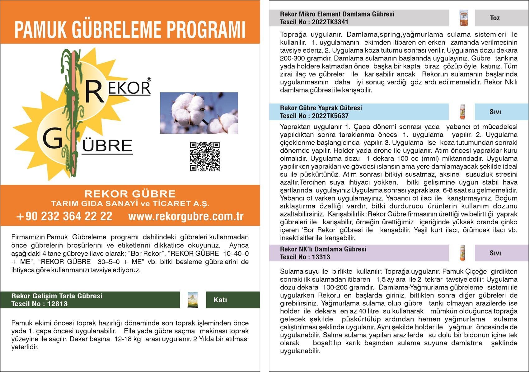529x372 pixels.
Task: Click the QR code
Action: (x=205, y=156)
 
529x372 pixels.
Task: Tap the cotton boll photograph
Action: (x=199, y=113)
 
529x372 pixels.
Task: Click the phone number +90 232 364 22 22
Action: (x=64, y=216)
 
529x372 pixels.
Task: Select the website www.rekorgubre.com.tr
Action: (x=186, y=216)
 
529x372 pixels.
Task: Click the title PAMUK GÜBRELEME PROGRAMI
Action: (x=130, y=30)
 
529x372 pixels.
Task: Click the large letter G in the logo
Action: (x=53, y=139)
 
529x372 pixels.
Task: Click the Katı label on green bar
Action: (x=220, y=300)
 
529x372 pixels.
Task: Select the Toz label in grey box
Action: (x=495, y=18)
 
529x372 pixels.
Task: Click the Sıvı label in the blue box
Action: (x=495, y=112)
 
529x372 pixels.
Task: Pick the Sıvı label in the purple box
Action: (x=495, y=253)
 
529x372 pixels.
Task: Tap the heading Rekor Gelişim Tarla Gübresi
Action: (x=57, y=296)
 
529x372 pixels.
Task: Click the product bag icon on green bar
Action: (x=193, y=300)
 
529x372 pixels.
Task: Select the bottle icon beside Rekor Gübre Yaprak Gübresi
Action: (x=462, y=112)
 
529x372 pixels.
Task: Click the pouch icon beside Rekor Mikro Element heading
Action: (x=464, y=18)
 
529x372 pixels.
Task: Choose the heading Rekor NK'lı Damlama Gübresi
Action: (x=323, y=249)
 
